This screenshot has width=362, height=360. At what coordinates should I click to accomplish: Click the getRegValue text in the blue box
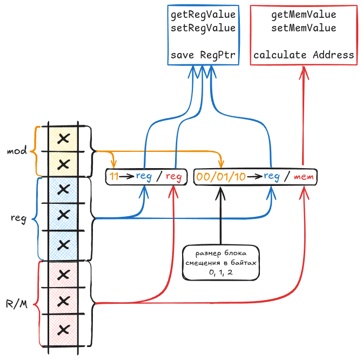(203, 15)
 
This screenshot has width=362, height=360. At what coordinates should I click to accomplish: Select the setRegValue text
(203, 28)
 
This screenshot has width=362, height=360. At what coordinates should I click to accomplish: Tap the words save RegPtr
(203, 55)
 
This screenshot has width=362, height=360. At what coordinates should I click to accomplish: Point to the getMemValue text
(304, 15)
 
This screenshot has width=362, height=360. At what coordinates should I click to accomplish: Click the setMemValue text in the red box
(304, 28)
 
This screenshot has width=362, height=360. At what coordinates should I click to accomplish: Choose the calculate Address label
(304, 55)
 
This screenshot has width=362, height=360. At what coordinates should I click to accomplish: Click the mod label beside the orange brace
(17, 151)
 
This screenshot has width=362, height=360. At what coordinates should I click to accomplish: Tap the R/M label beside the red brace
(17, 304)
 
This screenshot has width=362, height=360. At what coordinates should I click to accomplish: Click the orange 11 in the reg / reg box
(113, 176)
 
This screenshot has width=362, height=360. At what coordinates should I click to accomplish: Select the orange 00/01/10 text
(221, 177)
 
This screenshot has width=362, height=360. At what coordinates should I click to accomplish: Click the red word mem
(304, 177)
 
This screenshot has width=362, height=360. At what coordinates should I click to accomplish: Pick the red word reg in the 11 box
(173, 177)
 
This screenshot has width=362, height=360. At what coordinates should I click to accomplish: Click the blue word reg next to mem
(272, 176)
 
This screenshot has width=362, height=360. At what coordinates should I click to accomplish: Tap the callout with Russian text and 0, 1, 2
(220, 263)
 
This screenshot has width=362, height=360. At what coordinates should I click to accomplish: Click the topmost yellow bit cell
(63, 139)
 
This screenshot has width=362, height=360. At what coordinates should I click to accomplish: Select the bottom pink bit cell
(63, 330)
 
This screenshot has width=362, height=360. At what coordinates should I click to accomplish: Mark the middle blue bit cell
(63, 217)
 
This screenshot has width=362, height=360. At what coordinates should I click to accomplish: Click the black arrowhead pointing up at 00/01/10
(220, 193)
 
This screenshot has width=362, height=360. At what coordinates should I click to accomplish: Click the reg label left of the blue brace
(19, 218)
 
